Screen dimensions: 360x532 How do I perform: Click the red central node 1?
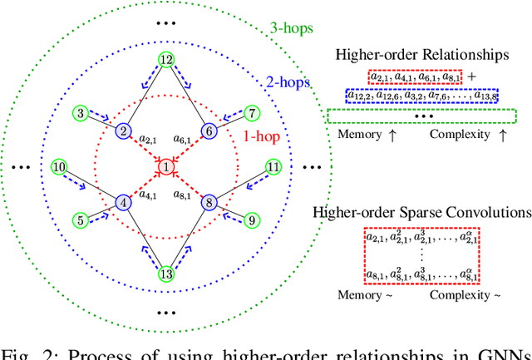165,169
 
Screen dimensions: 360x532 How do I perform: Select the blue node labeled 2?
123,131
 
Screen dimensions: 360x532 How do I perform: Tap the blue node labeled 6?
209,131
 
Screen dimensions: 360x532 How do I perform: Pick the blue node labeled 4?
123,202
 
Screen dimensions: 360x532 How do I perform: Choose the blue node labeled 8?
209,202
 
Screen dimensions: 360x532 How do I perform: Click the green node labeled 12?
166,60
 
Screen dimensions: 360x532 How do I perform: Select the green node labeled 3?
80,112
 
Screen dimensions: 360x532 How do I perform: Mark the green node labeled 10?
58,167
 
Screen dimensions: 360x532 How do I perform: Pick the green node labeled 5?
80,221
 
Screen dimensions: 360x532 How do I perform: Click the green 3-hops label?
292,28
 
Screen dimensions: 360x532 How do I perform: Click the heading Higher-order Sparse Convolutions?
422,211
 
